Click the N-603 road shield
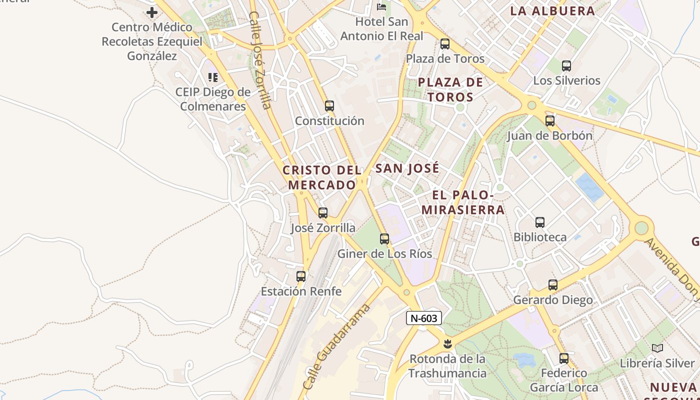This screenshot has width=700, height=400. pos(423,318)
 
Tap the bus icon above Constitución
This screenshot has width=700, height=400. pos(329,106)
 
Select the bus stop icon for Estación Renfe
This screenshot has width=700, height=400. pos(301,276)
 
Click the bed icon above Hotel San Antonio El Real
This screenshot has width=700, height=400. pos(381,7)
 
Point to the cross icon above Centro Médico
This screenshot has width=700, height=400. pos(152,12)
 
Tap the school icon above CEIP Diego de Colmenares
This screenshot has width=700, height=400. pos(213,77)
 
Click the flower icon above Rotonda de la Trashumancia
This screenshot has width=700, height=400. pos(447,344)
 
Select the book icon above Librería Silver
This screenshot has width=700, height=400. pos(657,348)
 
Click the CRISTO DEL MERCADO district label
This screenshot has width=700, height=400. pos(322,177)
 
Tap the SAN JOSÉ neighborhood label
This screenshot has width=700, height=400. pos(407,168)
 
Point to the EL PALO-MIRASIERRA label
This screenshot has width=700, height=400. pos(463,202)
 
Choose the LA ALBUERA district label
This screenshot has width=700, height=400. pos(552,11)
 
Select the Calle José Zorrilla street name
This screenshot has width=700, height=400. pos(260,60)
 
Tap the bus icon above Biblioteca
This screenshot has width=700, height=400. pos(540,222)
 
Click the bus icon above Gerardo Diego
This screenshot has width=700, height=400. pos(553,285)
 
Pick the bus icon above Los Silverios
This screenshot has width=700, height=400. pos(566,66)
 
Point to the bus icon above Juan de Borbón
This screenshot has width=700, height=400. pos(550,121)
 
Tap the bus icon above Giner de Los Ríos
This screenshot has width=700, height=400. pos(384,239)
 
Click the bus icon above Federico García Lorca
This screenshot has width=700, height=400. pos(564,358)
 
